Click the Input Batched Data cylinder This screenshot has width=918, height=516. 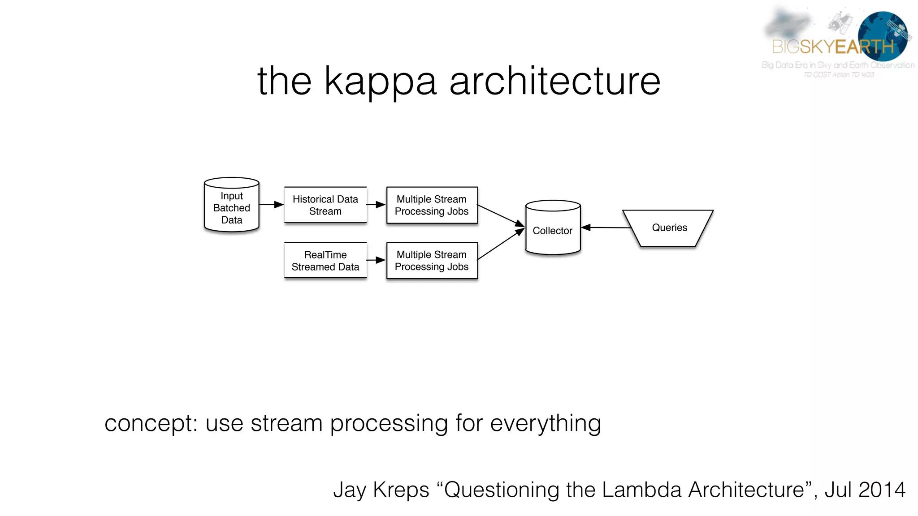pyautogui.click(x=231, y=206)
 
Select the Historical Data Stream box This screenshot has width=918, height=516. pyautogui.click(x=325, y=205)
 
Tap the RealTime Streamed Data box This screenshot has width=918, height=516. pyautogui.click(x=325, y=260)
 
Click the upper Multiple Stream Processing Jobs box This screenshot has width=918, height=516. pyautogui.click(x=432, y=205)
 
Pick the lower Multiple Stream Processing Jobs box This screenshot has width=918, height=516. pyautogui.click(x=432, y=260)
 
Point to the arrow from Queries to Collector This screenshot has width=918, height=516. pyautogui.click(x=605, y=228)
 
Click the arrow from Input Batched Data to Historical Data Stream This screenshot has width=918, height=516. pyautogui.click(x=271, y=205)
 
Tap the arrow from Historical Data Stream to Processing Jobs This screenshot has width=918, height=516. pyautogui.click(x=376, y=205)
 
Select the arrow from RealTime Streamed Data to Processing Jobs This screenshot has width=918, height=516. pyautogui.click(x=376, y=260)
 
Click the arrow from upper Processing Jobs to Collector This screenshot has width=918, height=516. pyautogui.click(x=500, y=215)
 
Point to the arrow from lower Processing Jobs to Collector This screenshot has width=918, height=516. pyautogui.click(x=500, y=244)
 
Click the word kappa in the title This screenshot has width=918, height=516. pyautogui.click(x=380, y=82)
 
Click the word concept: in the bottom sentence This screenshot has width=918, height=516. pyautogui.click(x=151, y=424)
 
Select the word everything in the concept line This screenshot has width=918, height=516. pyautogui.click(x=546, y=424)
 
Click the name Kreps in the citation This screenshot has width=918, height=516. pyautogui.click(x=401, y=490)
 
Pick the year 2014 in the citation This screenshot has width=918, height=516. pyautogui.click(x=881, y=490)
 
